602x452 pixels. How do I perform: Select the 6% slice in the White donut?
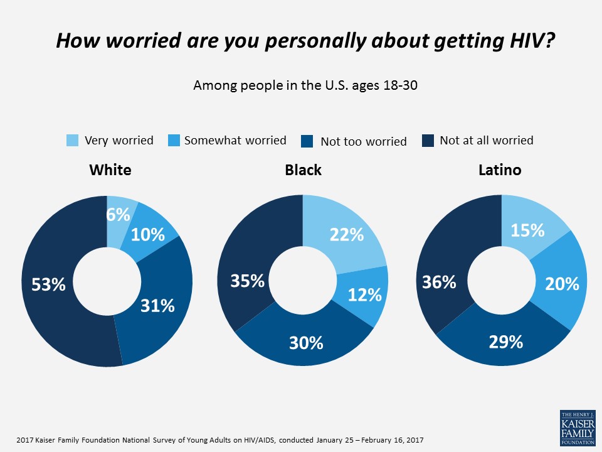(x=119, y=215)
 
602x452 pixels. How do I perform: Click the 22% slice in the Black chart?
(x=347, y=234)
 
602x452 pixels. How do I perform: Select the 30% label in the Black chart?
(x=306, y=343)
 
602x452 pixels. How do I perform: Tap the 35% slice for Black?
(x=247, y=281)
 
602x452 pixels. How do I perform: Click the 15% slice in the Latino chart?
(x=527, y=230)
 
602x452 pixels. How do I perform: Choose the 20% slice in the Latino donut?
(x=562, y=284)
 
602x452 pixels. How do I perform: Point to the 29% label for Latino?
(x=505, y=342)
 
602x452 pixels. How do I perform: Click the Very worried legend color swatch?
(x=73, y=141)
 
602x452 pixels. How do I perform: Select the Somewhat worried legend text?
(x=235, y=141)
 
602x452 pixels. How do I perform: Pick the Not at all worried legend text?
(x=487, y=141)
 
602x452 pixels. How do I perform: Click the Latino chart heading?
(x=500, y=169)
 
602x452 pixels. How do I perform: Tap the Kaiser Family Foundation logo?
(x=577, y=428)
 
